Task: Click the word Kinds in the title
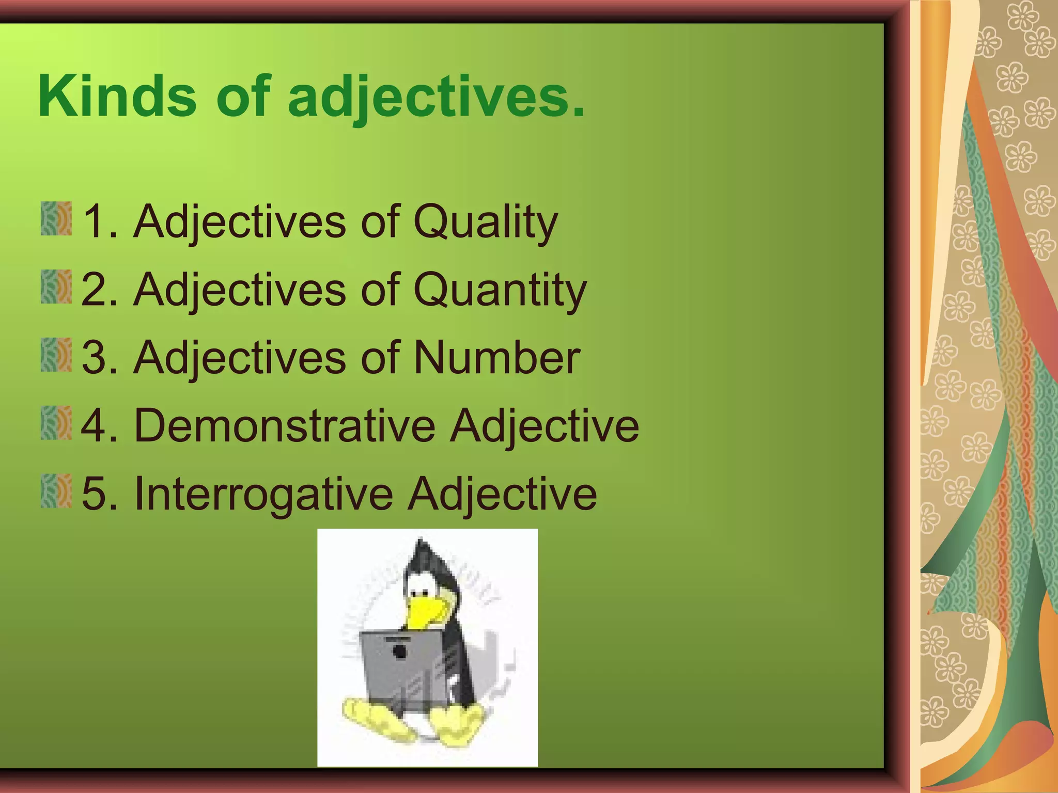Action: pyautogui.click(x=117, y=97)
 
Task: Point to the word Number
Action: pyautogui.click(x=497, y=358)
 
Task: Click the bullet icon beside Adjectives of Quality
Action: pyautogui.click(x=56, y=219)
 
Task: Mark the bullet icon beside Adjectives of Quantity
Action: pyautogui.click(x=56, y=287)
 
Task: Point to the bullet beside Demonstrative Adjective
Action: pyautogui.click(x=56, y=423)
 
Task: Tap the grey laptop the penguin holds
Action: pyautogui.click(x=400, y=671)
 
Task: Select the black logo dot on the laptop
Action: pyautogui.click(x=400, y=652)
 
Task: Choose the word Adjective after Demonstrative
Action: pyautogui.click(x=544, y=426)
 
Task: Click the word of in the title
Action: pyautogui.click(x=243, y=97)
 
